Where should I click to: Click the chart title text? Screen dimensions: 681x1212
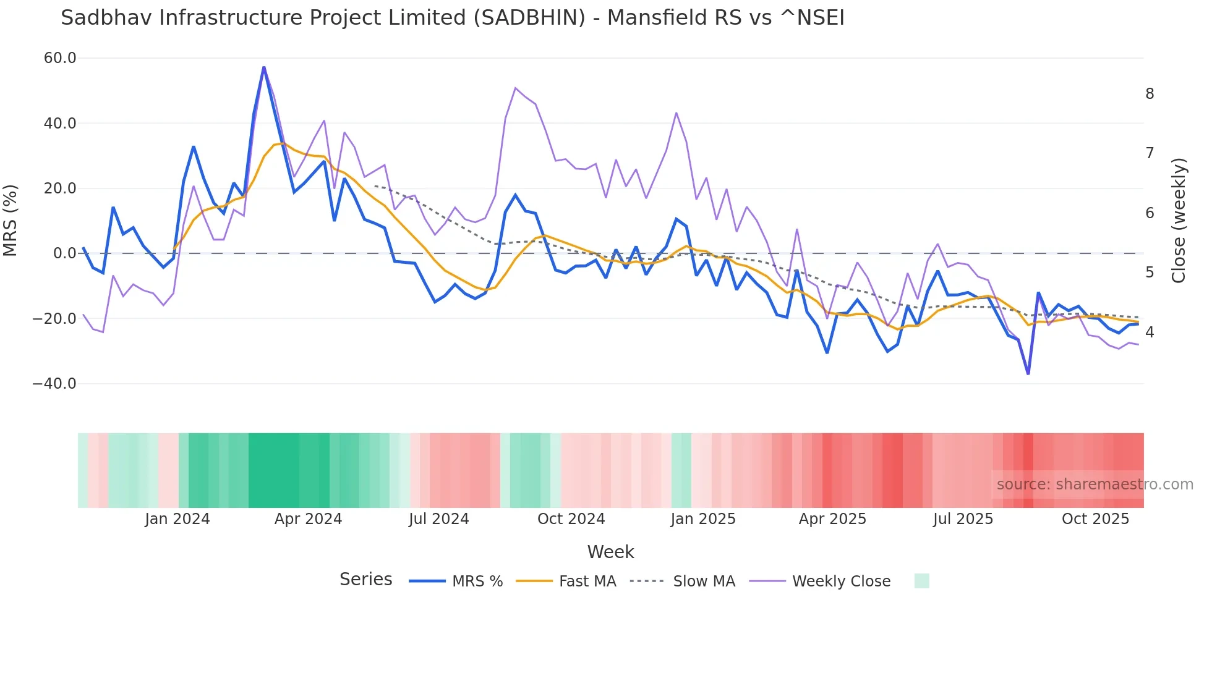(452, 18)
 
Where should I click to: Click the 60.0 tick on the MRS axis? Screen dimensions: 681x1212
(60, 58)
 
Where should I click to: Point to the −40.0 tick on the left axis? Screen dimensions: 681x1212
(54, 384)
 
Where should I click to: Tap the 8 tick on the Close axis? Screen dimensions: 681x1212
(1150, 94)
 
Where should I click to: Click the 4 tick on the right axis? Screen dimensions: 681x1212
(1150, 332)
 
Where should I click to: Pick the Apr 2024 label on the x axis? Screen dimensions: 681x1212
(308, 519)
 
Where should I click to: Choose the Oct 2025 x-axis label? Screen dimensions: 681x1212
(1095, 519)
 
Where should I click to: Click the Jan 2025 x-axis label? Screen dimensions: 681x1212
(703, 519)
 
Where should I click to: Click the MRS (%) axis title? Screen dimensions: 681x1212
(11, 221)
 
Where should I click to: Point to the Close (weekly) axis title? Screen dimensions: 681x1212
(1179, 221)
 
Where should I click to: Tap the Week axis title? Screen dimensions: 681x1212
(610, 552)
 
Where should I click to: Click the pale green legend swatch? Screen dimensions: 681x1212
(921, 581)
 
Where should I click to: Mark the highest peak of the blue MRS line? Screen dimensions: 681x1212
(264, 67)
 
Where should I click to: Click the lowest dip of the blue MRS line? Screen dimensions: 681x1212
(1028, 374)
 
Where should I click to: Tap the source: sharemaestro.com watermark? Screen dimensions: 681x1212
(1095, 484)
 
